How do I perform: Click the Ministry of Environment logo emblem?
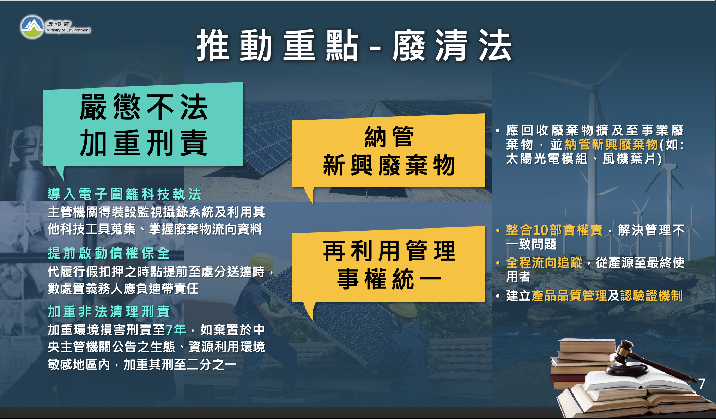(32, 27)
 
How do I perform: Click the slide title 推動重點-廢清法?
(354, 46)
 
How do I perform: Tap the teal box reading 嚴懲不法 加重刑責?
(143, 125)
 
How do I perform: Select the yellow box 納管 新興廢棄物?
(388, 152)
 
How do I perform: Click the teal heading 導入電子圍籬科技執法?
(125, 194)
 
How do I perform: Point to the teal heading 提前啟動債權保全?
(109, 253)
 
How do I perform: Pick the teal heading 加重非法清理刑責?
(109, 312)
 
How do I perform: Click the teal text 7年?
(176, 330)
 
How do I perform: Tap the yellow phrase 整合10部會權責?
(554, 230)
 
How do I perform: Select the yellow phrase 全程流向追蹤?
(544, 262)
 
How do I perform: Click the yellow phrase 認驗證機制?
(651, 296)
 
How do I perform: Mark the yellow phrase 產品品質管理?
(569, 296)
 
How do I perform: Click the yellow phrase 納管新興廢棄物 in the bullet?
(611, 145)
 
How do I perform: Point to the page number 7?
(702, 384)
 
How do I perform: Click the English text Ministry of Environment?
(68, 30)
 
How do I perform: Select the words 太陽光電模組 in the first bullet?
(547, 159)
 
